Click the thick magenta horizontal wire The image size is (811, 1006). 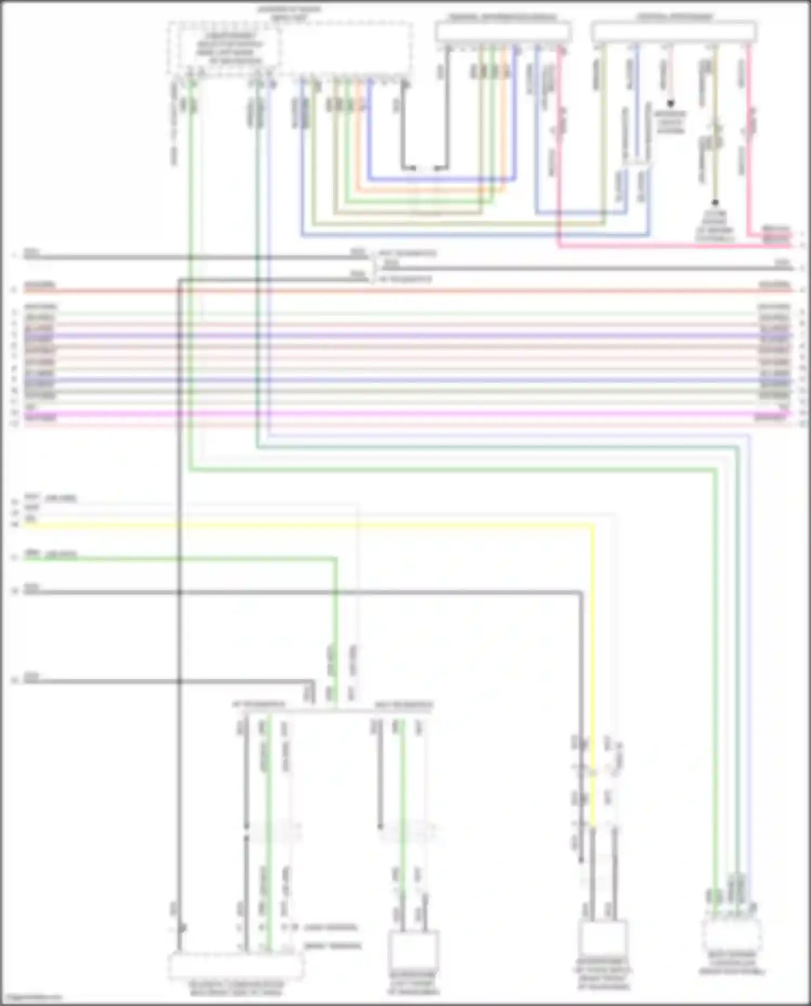click(405, 414)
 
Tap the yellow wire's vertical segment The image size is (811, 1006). click(592, 649)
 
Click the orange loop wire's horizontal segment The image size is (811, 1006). click(433, 190)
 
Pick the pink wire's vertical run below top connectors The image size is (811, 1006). click(559, 162)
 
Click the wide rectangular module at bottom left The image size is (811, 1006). click(236, 967)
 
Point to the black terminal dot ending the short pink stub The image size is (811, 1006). click(670, 103)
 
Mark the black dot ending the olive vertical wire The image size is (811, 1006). click(715, 203)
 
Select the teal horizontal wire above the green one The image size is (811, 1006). click(487, 447)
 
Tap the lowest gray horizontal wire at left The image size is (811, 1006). click(162, 681)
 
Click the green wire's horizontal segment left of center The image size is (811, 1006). click(178, 558)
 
